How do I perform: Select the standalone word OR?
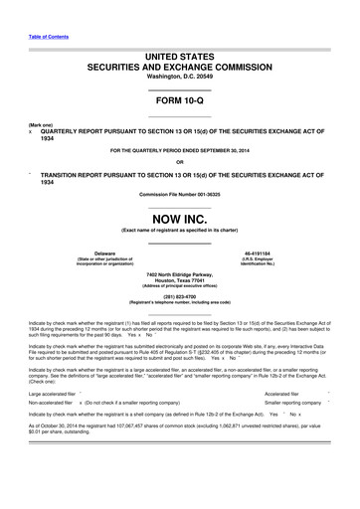[x=180, y=162]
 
